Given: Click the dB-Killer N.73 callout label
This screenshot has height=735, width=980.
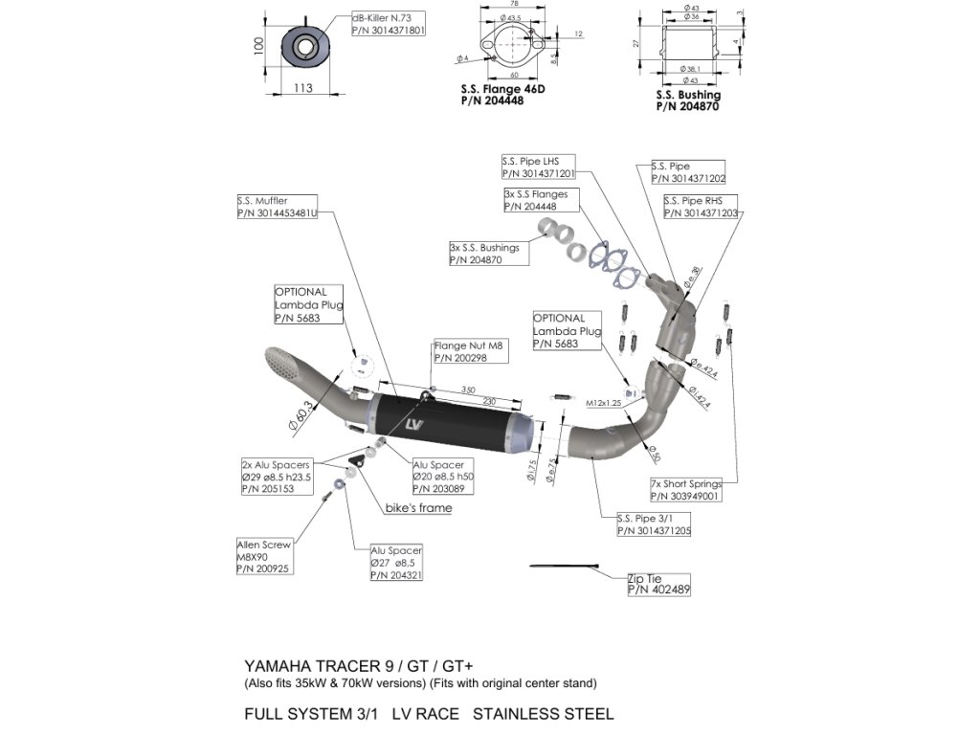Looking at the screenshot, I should coord(388,24).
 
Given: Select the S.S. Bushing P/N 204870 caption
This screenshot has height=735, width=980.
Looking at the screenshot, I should coord(688,100).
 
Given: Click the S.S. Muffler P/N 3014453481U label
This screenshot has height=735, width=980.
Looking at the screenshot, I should coord(277,208).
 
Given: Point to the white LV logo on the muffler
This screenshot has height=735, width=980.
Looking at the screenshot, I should coord(413,423).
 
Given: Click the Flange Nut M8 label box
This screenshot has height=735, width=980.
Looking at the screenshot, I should coord(470,351).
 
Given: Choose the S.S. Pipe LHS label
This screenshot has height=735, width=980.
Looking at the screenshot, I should coord(538,167).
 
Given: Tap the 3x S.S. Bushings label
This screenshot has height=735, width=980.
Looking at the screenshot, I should coord(484,254).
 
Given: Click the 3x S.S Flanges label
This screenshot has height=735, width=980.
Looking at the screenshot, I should coord(536,199).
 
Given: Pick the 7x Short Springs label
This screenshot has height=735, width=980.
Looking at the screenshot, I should coord(685,490).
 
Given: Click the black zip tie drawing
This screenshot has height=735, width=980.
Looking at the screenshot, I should coord(564,567).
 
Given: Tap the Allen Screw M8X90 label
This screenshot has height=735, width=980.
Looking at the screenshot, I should coord(263,557).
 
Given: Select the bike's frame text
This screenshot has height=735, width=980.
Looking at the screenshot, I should coord(418,508).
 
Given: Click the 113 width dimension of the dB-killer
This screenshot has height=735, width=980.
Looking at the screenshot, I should coord(303,88).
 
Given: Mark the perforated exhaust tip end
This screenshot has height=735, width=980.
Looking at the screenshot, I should coord(284,367).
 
